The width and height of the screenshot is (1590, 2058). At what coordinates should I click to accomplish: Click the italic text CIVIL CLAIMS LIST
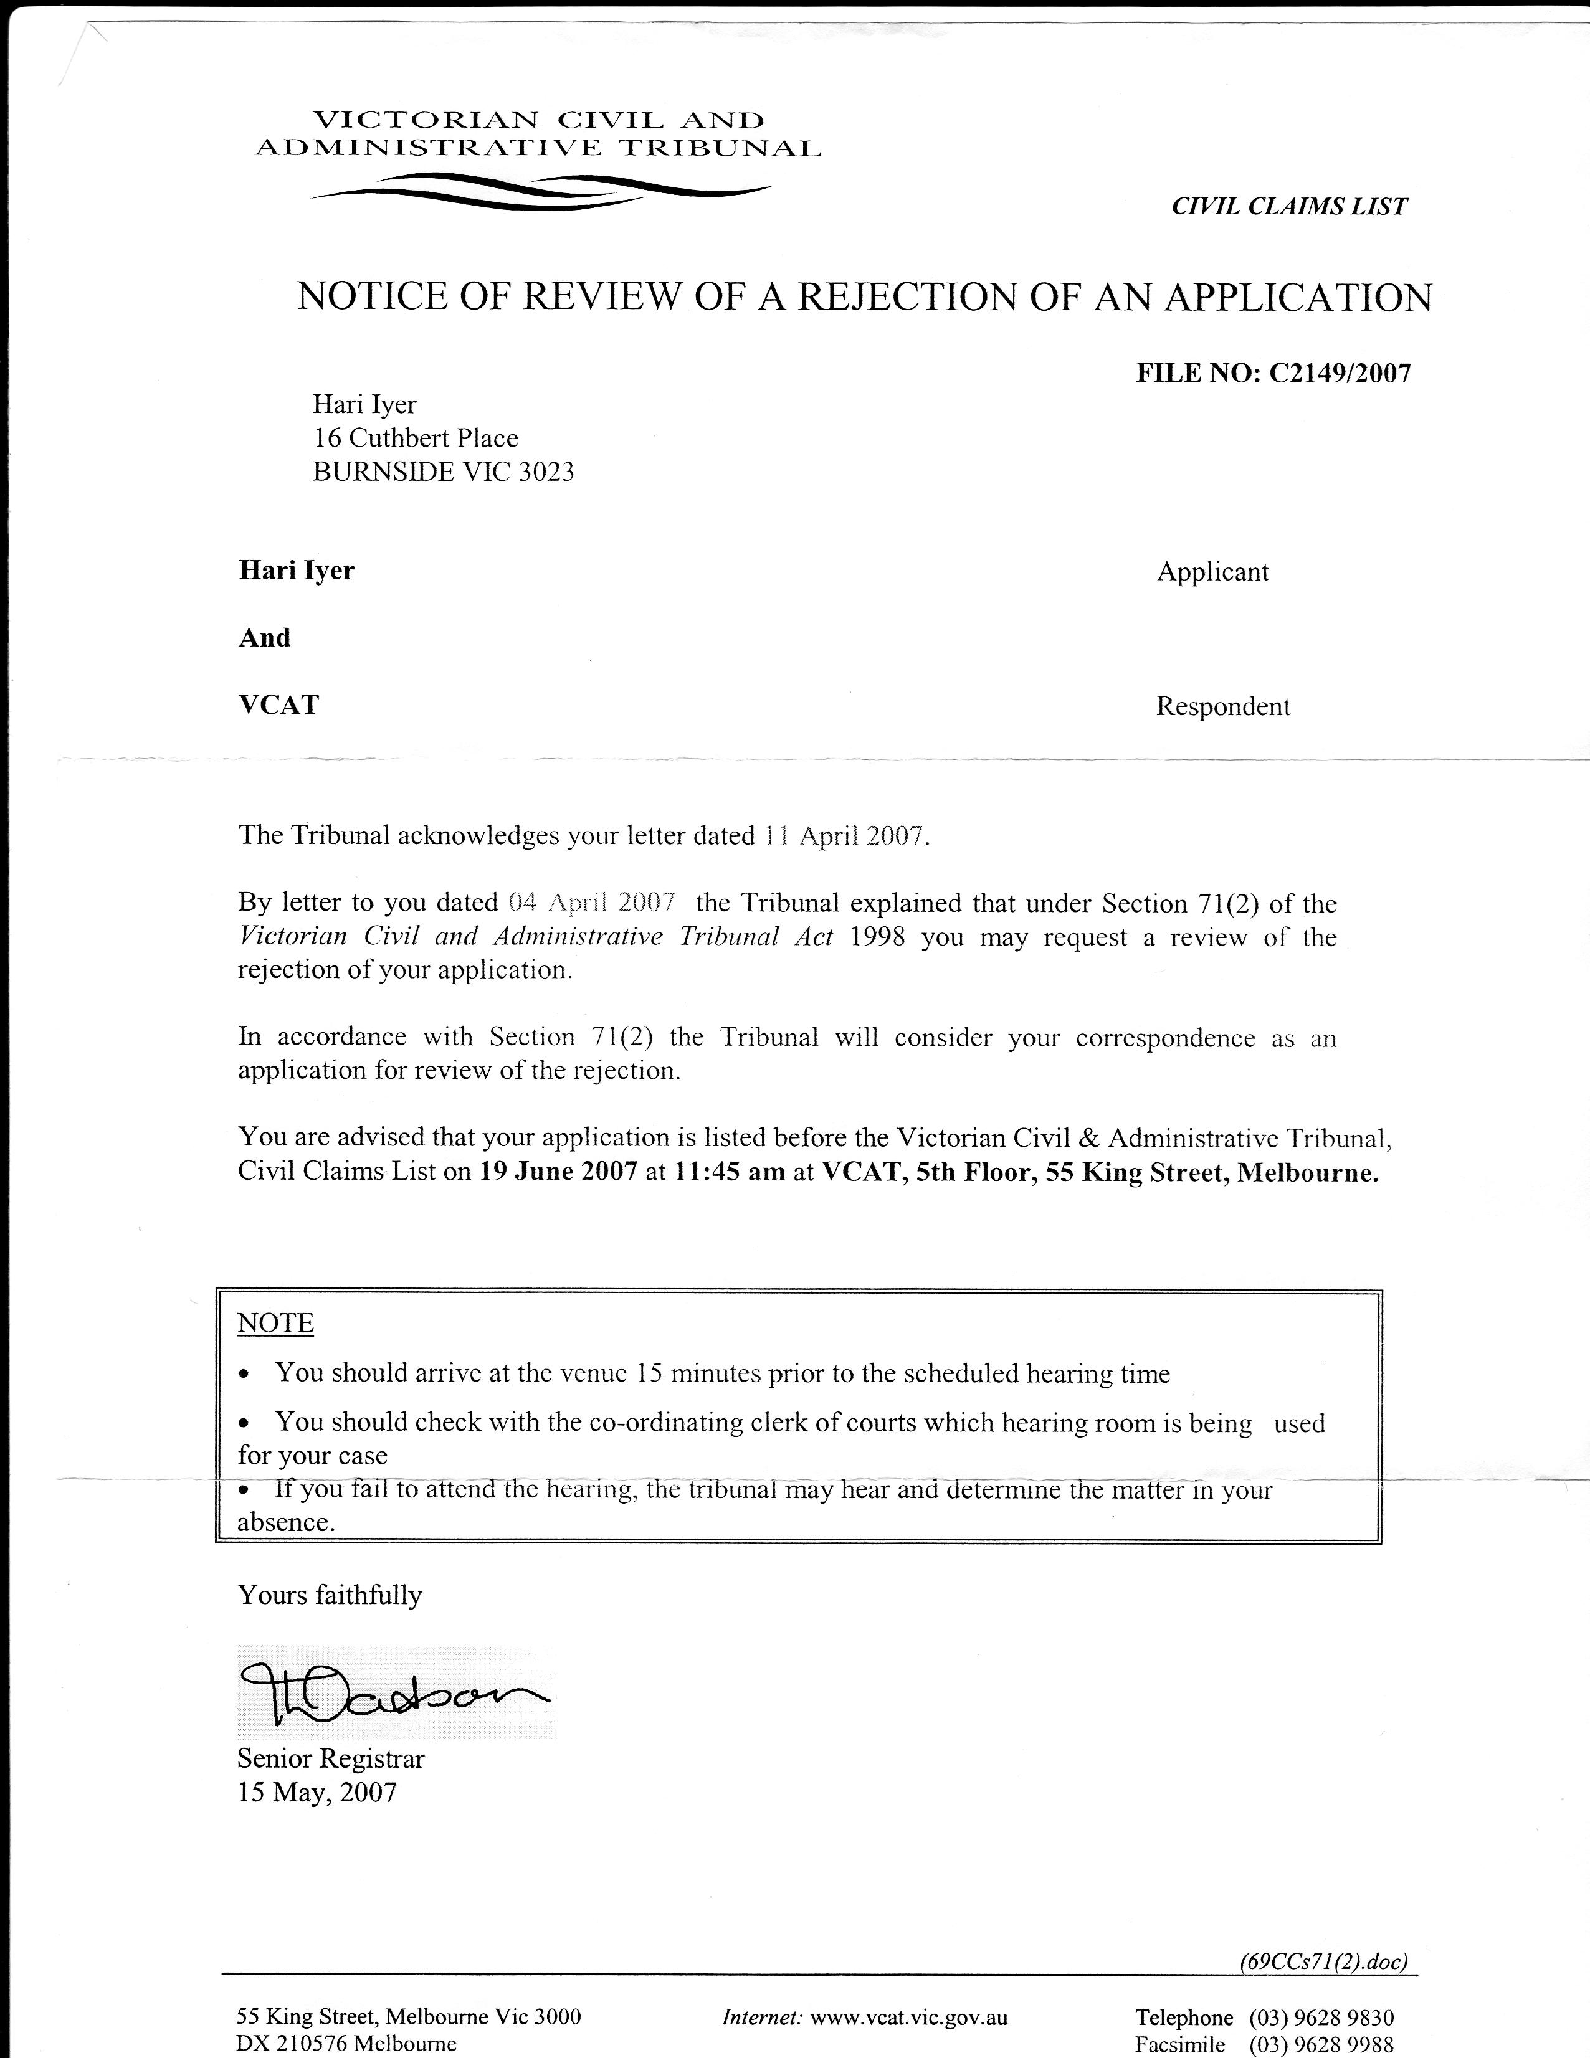(1288, 206)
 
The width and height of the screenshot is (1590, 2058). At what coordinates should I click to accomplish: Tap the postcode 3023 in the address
(546, 471)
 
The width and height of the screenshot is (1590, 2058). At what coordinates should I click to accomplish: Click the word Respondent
(1222, 707)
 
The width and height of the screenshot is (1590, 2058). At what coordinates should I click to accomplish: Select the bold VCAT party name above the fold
(279, 705)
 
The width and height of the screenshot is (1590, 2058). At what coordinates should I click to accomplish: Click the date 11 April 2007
(844, 837)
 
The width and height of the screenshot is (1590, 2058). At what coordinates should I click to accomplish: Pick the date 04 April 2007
(591, 903)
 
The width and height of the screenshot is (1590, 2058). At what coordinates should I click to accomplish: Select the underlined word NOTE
(275, 1323)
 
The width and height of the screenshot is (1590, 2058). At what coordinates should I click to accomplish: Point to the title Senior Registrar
(331, 1758)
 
